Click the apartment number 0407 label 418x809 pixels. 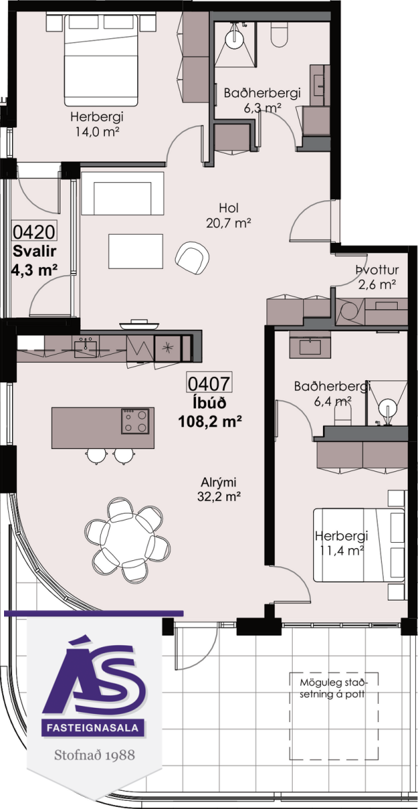209,383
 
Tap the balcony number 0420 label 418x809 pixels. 34,231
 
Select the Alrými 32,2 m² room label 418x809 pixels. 219,489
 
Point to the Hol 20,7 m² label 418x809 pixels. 229,215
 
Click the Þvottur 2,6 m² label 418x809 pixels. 377,277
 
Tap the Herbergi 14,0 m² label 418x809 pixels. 97,124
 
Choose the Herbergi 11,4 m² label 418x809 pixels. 341,543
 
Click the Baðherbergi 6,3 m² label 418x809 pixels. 263,100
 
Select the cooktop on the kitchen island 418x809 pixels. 135,421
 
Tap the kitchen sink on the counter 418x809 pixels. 86,348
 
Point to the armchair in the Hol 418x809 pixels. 192,258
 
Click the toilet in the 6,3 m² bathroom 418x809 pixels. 279,33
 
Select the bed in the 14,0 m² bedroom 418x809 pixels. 102,60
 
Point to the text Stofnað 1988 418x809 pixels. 94,755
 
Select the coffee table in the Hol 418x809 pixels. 135,251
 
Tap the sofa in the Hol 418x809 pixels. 123,193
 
